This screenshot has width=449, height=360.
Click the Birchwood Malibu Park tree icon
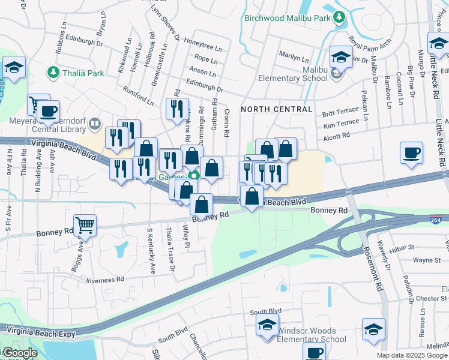[339, 17]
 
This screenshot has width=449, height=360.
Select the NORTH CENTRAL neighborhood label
[277, 109]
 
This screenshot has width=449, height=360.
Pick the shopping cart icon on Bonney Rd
[85, 227]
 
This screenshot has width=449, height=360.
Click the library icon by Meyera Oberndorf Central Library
[94, 125]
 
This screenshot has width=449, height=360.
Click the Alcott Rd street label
[338, 136]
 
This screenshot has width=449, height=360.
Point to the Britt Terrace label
[340, 113]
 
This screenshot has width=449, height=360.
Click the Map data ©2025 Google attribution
[412, 355]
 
